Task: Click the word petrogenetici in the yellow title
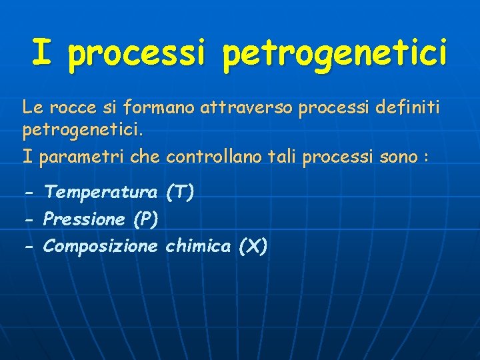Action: [335, 53]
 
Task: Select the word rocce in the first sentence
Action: [68, 106]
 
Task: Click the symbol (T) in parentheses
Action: [179, 193]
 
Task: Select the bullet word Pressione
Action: [84, 219]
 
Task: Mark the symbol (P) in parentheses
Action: [145, 219]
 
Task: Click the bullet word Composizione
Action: [101, 247]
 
